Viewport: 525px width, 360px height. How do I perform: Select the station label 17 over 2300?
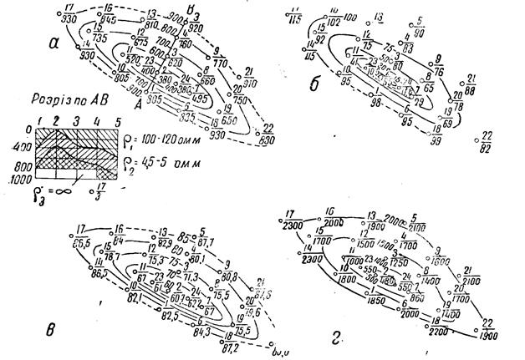tap(292, 218)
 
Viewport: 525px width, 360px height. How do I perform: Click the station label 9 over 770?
tap(219, 56)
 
